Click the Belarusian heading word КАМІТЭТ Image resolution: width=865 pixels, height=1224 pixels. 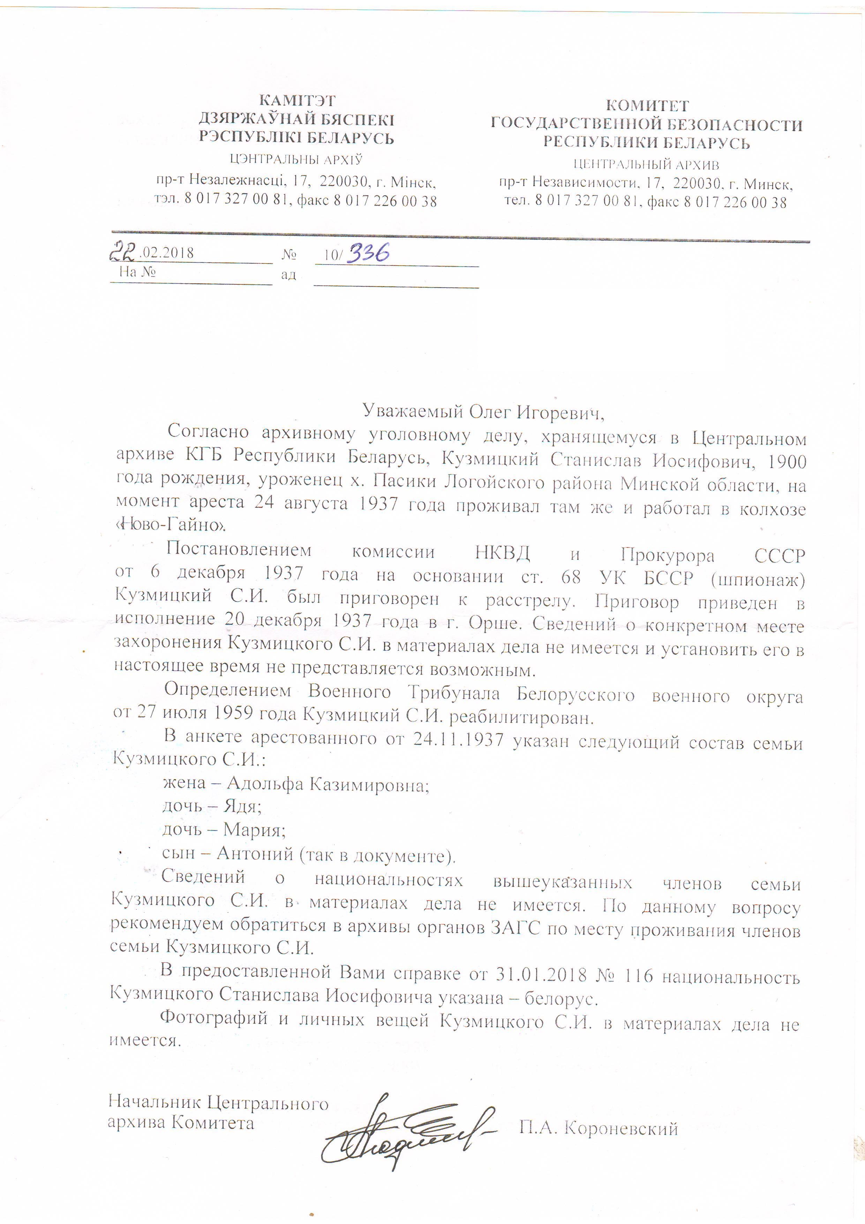click(297, 100)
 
